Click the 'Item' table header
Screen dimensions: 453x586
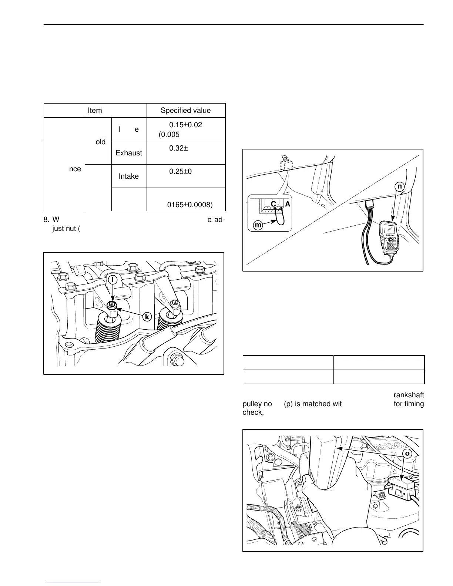[95, 111]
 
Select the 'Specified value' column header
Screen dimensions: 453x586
[185, 111]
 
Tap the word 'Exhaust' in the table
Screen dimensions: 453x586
[129, 153]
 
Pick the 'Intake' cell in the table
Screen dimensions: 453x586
[128, 176]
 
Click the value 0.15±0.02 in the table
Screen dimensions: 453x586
[185, 125]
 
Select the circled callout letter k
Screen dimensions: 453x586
[147, 317]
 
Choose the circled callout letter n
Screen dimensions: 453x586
[399, 187]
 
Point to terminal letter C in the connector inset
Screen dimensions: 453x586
[273, 204]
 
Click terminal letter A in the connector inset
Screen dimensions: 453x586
[287, 204]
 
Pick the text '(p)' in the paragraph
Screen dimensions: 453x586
[288, 404]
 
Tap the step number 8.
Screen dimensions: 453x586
[46, 220]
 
